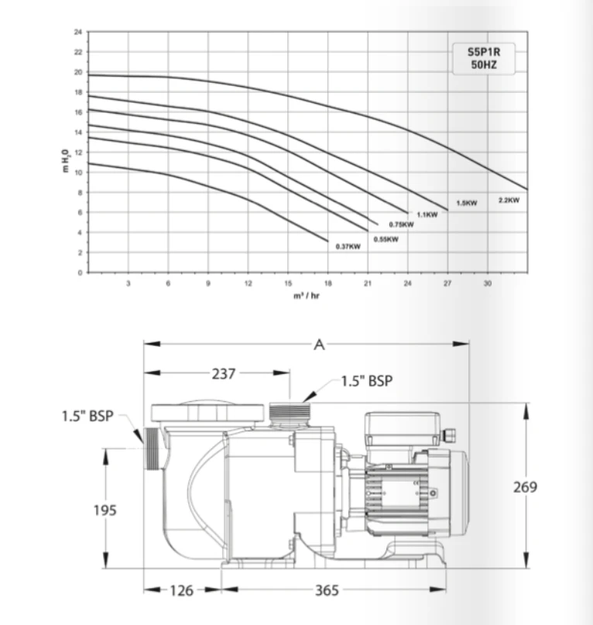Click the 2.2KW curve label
(x=509, y=200)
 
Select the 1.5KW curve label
(x=467, y=203)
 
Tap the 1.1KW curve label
(x=427, y=215)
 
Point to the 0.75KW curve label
(x=401, y=225)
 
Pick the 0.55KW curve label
(x=386, y=239)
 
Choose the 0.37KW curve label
(x=348, y=246)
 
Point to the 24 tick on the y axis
(x=77, y=32)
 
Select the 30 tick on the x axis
(x=487, y=284)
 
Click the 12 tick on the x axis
(x=248, y=284)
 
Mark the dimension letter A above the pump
(x=318, y=345)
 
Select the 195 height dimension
(x=105, y=510)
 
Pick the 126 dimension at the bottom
(x=182, y=591)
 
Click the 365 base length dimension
(x=327, y=591)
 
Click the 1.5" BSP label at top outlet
(x=368, y=381)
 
